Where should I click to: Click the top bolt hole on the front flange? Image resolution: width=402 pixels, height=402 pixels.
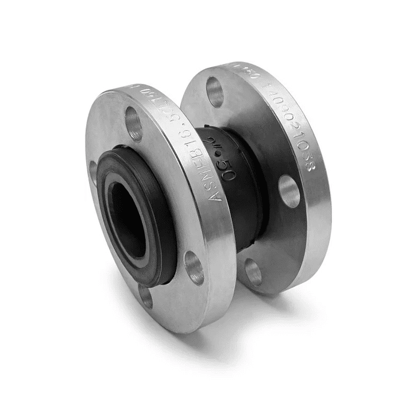click(134, 123)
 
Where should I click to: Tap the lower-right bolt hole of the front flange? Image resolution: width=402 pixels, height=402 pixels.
click(194, 267)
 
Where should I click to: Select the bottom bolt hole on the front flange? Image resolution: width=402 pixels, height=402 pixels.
click(146, 296)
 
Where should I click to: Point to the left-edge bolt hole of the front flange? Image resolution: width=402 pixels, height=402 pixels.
click(93, 172)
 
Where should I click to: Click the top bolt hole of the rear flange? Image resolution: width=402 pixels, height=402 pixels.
click(215, 91)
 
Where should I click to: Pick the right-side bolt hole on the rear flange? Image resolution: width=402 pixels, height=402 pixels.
click(289, 191)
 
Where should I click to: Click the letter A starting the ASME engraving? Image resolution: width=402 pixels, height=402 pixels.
click(217, 195)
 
